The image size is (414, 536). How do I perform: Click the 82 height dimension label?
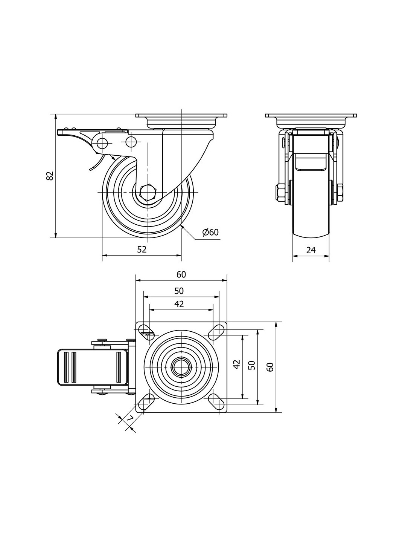tap(50, 176)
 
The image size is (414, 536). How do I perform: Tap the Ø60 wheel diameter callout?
tap(210, 232)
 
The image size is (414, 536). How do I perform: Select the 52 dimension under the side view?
tap(142, 249)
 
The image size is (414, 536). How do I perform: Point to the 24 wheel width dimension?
tap(311, 250)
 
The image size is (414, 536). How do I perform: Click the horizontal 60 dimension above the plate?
tap(181, 274)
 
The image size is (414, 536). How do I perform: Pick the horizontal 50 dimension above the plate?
tap(179, 291)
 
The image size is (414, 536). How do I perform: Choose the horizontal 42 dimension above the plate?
tap(179, 304)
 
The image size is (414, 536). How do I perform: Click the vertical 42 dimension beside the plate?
tap(237, 364)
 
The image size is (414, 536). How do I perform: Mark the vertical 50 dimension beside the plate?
tap(252, 365)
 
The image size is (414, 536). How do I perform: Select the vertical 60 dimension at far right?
tap(270, 367)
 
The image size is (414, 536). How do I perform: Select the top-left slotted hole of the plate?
tap(146, 330)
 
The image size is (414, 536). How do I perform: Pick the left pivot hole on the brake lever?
tap(102, 143)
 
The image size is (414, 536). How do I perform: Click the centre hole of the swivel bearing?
tap(181, 366)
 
